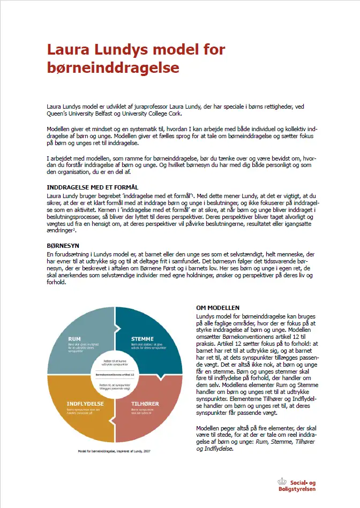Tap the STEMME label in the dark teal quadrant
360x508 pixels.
(142, 339)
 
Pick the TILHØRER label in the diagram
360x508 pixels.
(144, 403)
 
